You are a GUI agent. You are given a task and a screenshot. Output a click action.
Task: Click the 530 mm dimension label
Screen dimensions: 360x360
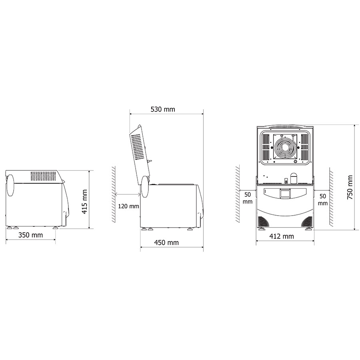[x=162, y=109]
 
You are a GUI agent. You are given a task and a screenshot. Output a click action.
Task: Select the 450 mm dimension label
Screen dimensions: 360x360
[x=166, y=242]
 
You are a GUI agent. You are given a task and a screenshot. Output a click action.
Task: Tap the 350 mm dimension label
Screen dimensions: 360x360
[x=30, y=235]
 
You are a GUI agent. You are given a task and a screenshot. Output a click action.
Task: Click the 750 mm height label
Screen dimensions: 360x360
[x=350, y=187]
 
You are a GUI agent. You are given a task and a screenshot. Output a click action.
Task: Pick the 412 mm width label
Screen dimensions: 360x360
[x=282, y=236]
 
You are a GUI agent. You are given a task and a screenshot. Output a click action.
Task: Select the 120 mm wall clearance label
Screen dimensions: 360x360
[x=128, y=206]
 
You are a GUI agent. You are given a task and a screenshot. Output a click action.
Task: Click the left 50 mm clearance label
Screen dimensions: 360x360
[x=248, y=198]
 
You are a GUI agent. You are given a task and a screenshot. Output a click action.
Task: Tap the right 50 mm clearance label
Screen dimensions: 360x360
[x=323, y=200]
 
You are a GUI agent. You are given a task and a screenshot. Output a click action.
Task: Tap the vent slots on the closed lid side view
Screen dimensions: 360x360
[x=44, y=176]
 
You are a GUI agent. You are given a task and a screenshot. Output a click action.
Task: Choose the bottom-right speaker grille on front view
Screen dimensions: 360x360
[x=306, y=222]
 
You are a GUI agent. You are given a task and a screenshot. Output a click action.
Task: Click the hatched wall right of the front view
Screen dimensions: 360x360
[x=331, y=196]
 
